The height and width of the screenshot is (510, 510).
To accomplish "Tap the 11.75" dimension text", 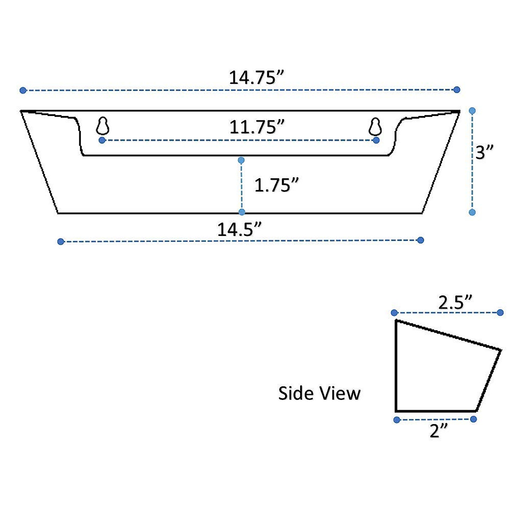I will click(257, 127).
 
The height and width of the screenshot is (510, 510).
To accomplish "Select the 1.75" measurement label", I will click(277, 185).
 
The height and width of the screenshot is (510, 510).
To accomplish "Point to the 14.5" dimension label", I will click(239, 229).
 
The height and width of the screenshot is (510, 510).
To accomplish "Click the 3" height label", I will click(484, 152).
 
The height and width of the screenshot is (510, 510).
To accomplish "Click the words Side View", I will click(319, 393).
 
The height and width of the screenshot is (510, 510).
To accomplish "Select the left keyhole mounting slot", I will click(103, 126).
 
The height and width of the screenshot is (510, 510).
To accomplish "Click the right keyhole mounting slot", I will click(375, 126).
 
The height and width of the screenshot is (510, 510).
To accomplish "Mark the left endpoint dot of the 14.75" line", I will click(23, 90).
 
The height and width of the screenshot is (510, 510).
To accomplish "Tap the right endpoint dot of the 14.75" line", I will click(457, 90).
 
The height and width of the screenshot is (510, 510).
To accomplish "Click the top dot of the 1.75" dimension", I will click(241, 160).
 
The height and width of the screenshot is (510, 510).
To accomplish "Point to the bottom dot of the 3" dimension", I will click(472, 212).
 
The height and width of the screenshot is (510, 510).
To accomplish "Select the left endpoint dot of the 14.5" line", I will click(60, 241).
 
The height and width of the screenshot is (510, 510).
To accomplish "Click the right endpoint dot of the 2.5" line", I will click(500, 312).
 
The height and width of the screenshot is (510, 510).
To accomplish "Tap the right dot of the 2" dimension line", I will click(473, 419).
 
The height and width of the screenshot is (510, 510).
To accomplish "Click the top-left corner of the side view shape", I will click(396, 320).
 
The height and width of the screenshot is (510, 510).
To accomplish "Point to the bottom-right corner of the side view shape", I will click(476, 411).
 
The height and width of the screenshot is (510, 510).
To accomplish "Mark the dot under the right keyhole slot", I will click(376, 140).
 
